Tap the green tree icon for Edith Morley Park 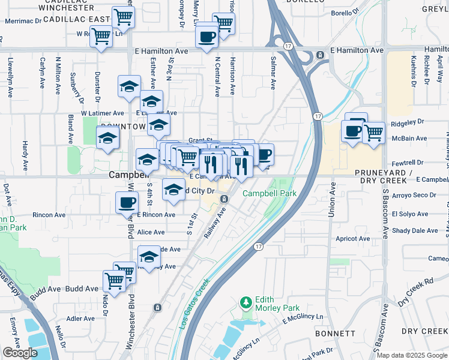[244, 301]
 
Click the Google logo [20, 353]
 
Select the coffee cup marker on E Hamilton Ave [206, 36]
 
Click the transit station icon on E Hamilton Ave [320, 55]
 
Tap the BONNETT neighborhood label [338, 333]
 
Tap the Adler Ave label [81, 319]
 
